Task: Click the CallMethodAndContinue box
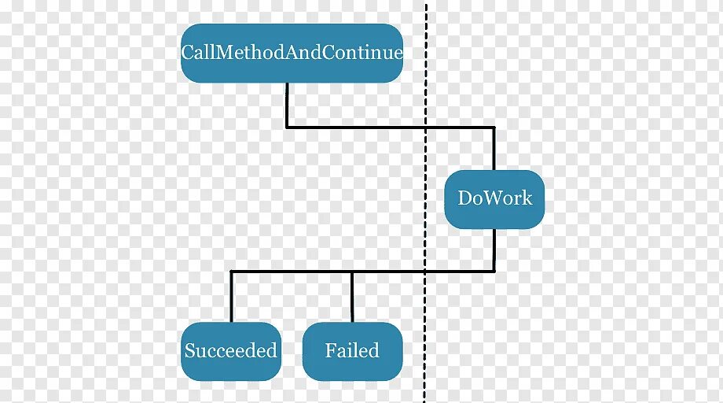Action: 292,53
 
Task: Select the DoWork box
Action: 494,199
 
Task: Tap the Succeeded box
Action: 231,351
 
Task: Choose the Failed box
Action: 352,351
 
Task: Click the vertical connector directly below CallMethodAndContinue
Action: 287,104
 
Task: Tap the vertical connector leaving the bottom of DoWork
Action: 494,250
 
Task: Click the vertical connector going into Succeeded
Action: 231,297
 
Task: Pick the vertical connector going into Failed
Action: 352,297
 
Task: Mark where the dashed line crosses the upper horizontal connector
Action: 426,126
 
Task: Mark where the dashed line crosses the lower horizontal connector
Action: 426,272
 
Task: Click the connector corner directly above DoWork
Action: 494,126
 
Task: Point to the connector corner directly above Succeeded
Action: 231,272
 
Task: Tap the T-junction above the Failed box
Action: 352,272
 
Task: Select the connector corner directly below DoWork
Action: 494,272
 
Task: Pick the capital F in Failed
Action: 331,350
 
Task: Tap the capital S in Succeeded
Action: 189,351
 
